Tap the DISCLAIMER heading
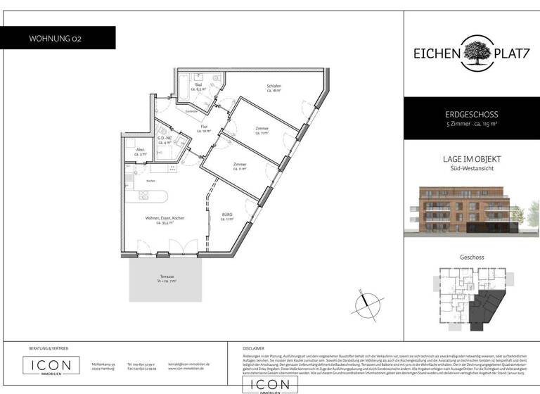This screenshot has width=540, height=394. [253, 348]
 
